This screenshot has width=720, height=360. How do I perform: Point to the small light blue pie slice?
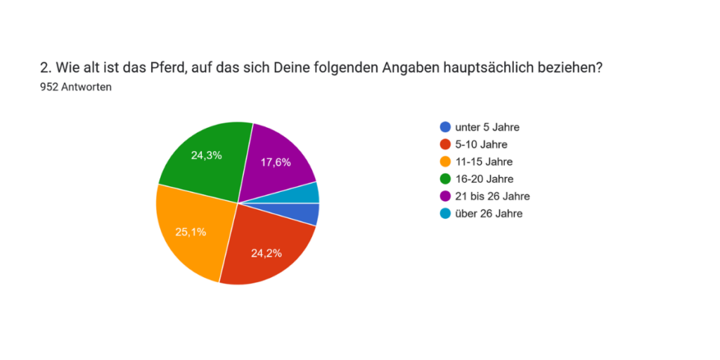tap(309, 193)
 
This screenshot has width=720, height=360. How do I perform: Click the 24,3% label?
tap(206, 155)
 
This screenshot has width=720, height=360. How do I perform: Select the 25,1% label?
tap(190, 231)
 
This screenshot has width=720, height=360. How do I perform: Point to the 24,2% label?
tap(266, 253)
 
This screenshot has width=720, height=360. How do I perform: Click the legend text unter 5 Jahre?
tap(487, 127)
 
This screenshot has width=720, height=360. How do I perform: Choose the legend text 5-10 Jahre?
tap(481, 145)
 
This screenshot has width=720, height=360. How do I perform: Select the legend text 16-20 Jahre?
tap(484, 179)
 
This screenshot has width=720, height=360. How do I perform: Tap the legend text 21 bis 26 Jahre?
tap(492, 196)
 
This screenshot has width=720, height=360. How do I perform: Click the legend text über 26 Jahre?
tap(489, 213)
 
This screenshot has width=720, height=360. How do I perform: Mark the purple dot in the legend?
tap(445, 196)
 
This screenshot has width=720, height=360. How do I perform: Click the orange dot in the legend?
tap(445, 162)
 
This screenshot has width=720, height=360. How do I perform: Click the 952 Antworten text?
tap(77, 87)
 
